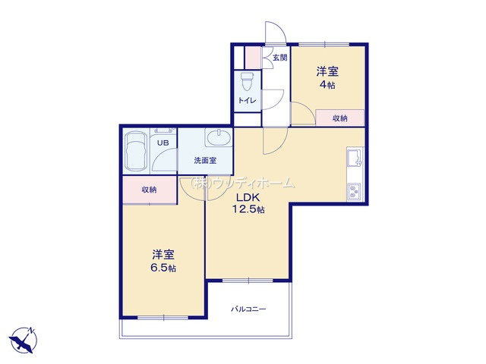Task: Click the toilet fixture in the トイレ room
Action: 248,81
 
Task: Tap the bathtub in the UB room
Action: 136,151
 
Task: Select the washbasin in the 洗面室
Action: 219,138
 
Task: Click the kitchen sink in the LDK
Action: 355,157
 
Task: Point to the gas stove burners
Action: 354,192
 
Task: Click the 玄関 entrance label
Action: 280,58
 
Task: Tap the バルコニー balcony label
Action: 248,309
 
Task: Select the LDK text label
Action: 248,197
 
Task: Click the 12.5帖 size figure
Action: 248,209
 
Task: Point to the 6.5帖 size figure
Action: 163,268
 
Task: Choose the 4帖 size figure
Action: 327,84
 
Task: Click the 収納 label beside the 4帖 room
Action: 340,118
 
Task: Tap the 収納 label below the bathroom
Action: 149,190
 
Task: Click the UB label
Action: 163,143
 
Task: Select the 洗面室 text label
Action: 205,160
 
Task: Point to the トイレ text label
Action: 247,100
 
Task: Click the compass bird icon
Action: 23,340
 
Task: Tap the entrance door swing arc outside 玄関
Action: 280,27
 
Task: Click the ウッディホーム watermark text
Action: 241,183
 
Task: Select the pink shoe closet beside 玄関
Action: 253,58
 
